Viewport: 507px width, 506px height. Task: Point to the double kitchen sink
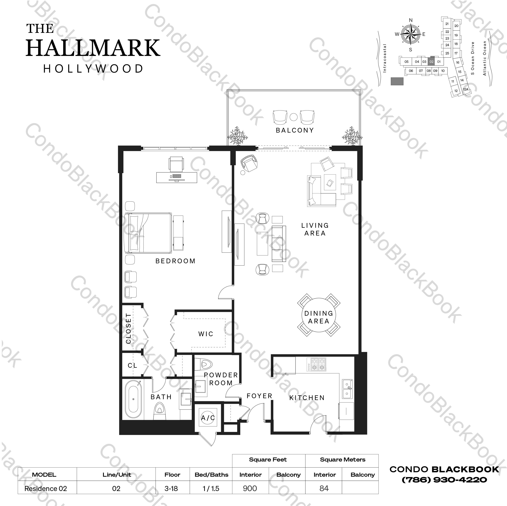click(347, 389)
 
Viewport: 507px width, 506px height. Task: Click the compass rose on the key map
click(411, 34)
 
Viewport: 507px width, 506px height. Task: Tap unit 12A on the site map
click(466, 89)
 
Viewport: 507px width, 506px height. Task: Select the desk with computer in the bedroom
click(177, 177)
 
